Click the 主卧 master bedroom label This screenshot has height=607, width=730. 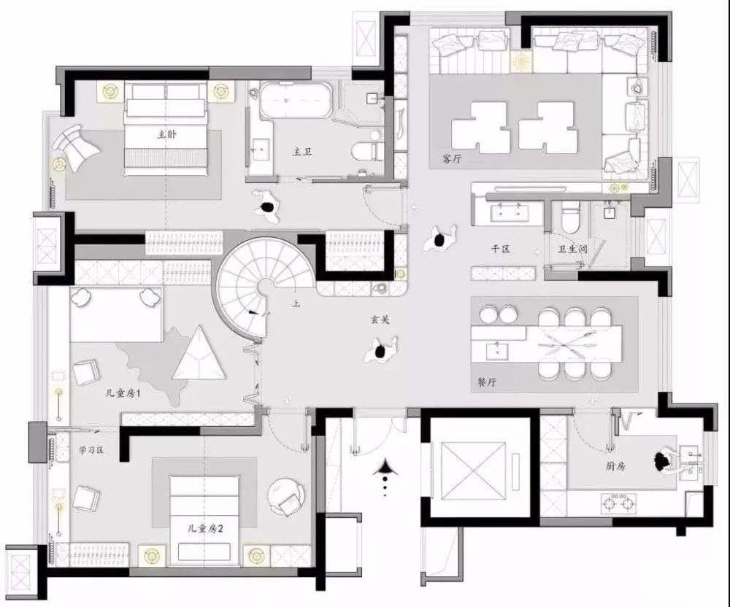(x=166, y=134)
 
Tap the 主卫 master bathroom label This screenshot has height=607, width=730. (x=301, y=152)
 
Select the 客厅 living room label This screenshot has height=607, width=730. (x=452, y=158)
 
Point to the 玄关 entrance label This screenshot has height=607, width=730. (x=380, y=320)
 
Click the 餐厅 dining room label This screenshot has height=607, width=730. (x=486, y=382)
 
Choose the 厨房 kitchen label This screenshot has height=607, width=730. (x=615, y=466)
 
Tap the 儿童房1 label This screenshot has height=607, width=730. (x=123, y=393)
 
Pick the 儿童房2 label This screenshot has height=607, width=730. (x=205, y=529)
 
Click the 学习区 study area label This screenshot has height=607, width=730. (x=91, y=450)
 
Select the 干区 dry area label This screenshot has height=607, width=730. (x=501, y=249)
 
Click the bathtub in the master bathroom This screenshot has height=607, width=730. (x=296, y=101)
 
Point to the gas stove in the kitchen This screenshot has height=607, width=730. (x=619, y=503)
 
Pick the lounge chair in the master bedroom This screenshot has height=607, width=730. (x=76, y=146)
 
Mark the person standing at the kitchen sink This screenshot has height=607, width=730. (x=664, y=461)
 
